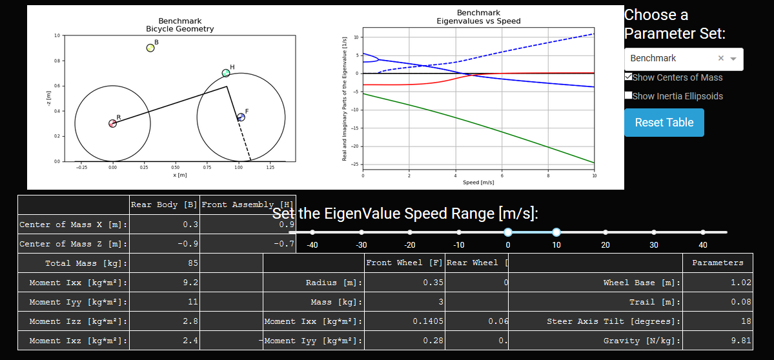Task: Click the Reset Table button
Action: point(664,123)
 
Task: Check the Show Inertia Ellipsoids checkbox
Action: point(629,95)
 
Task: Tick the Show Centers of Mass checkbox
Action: point(629,77)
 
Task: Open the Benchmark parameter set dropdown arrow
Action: point(733,59)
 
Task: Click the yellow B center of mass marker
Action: point(150,48)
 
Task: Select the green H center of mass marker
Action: point(226,73)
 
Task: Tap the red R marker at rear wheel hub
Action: point(112,123)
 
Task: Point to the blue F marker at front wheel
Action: point(241,117)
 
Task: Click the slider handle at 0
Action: point(508,232)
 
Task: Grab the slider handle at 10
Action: point(556,232)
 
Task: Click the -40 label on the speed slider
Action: point(312,245)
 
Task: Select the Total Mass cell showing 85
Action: point(165,263)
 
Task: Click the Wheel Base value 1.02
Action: point(717,283)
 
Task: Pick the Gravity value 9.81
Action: point(717,341)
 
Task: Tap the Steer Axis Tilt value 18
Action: point(717,321)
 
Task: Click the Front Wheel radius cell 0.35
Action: point(404,283)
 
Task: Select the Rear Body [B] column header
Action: point(165,205)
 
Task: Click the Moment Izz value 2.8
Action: point(165,321)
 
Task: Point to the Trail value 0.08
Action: point(717,302)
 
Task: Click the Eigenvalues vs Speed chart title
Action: point(478,17)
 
